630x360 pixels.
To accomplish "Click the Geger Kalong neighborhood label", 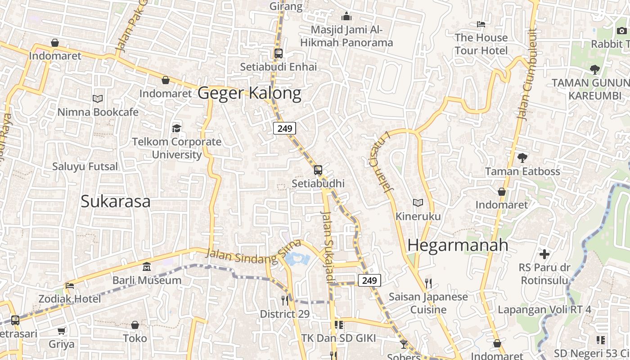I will click(249, 93).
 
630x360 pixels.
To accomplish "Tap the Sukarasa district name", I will click(116, 201).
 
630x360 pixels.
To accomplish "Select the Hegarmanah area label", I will click(458, 245).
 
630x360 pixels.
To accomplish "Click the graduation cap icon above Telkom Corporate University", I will click(176, 129).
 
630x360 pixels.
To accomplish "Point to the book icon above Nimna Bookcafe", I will click(98, 99).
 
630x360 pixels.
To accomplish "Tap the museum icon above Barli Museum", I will click(147, 267).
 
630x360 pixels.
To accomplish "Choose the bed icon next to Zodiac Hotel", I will click(69, 285).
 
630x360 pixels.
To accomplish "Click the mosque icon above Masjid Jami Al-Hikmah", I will click(346, 17).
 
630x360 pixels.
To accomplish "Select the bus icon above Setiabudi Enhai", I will click(279, 54).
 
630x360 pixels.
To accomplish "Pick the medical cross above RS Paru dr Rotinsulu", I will click(544, 254).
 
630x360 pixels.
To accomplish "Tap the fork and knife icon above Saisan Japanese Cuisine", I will click(428, 283).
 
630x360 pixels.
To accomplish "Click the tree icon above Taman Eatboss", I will click(522, 158).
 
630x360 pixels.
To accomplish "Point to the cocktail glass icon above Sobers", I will click(403, 344).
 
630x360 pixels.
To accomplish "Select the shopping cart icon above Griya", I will click(62, 331).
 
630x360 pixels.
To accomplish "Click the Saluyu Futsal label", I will click(85, 166).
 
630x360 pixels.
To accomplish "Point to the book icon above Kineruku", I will click(418, 203).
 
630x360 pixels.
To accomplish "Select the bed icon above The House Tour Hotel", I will click(481, 24).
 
